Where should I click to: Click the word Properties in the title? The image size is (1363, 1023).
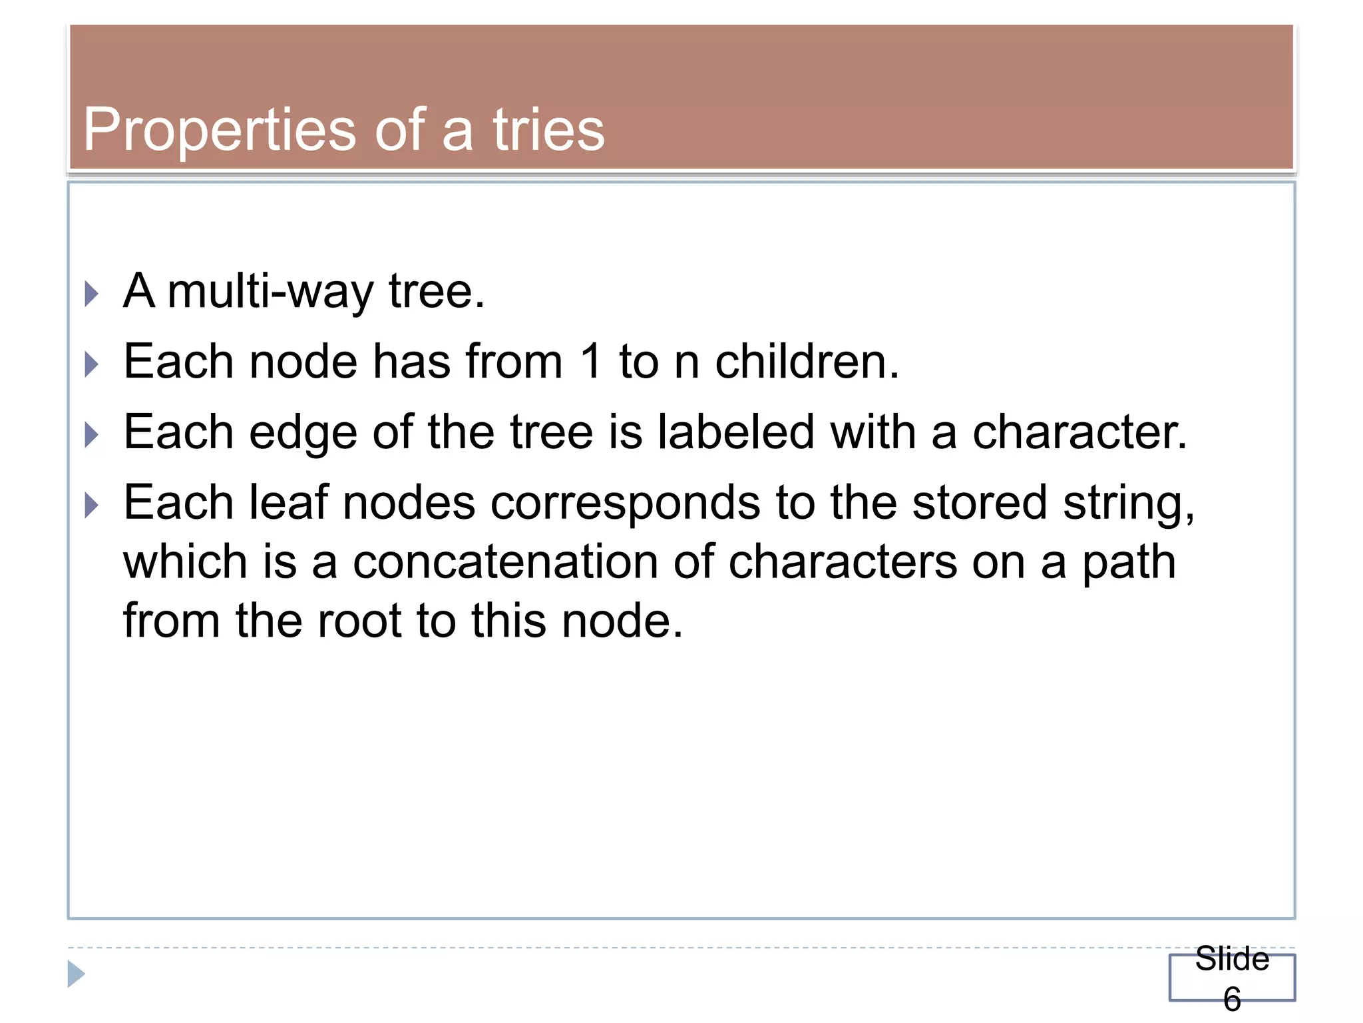coord(220,131)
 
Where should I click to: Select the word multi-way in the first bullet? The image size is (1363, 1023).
coord(271,292)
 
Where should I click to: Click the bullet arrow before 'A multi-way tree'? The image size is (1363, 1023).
coord(92,294)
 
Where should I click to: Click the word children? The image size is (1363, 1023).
coord(807,362)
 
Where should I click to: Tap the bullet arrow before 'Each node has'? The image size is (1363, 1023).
coord(92,364)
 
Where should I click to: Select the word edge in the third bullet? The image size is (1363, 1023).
coord(303,434)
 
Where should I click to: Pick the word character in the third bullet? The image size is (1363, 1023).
coord(1079,433)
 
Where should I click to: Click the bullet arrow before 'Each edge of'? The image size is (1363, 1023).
coord(92,436)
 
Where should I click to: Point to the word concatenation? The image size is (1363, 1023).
coord(505,562)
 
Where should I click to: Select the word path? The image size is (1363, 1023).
coord(1129,563)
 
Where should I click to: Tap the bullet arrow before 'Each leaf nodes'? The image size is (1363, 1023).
coord(92,506)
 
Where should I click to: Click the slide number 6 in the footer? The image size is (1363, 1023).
coord(1232,999)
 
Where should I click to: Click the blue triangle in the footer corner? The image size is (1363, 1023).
coord(76,974)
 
